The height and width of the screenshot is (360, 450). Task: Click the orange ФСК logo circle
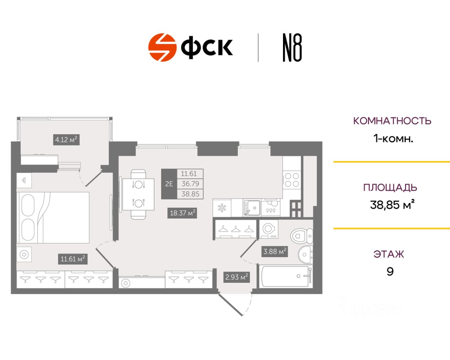pyautogui.click(x=162, y=47)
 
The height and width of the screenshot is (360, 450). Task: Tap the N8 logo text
pyautogui.click(x=292, y=48)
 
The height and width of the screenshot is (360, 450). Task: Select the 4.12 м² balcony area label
pyautogui.click(x=66, y=140)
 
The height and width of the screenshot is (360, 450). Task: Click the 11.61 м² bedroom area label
pyautogui.click(x=73, y=259)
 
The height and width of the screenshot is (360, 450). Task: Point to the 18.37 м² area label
pyautogui.click(x=182, y=213)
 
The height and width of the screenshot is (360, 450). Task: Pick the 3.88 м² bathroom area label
pyautogui.click(x=275, y=251)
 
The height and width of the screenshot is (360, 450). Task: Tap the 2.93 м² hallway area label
pyautogui.click(x=237, y=277)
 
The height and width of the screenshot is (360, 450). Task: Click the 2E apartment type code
pyautogui.click(x=169, y=184)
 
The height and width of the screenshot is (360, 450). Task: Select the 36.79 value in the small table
pyautogui.click(x=190, y=184)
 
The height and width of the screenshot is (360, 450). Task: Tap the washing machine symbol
pyautogui.click(x=269, y=229)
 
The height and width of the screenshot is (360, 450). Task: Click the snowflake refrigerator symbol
pyautogui.click(x=222, y=208)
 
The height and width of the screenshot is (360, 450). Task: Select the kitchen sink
pyautogui.click(x=252, y=208)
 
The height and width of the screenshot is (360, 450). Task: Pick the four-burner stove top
pyautogui.click(x=292, y=179)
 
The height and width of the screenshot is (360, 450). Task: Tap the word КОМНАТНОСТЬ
pyautogui.click(x=392, y=121)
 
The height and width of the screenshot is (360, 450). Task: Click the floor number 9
pyautogui.click(x=390, y=271)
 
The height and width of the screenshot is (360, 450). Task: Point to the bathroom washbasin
pyautogui.click(x=305, y=254)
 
